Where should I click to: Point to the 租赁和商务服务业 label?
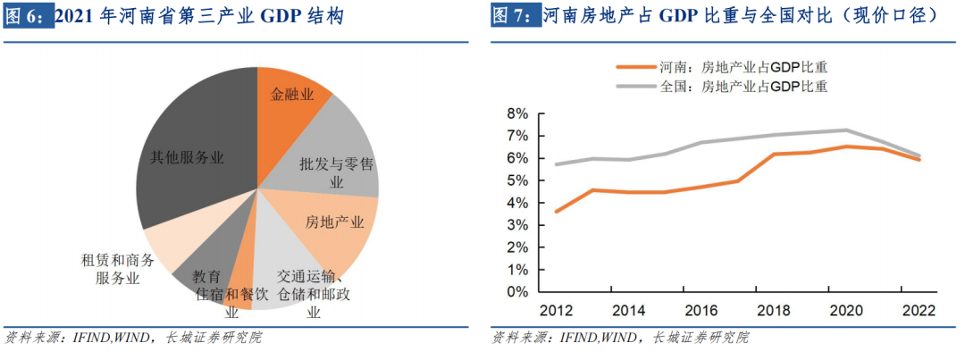118,269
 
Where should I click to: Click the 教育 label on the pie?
206,277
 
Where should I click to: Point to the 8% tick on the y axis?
517,114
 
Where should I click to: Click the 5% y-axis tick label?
517,180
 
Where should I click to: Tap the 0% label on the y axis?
517,292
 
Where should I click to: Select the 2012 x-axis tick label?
555,311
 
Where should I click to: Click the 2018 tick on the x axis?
773,311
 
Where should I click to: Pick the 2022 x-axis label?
918,311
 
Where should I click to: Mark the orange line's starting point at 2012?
556,212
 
